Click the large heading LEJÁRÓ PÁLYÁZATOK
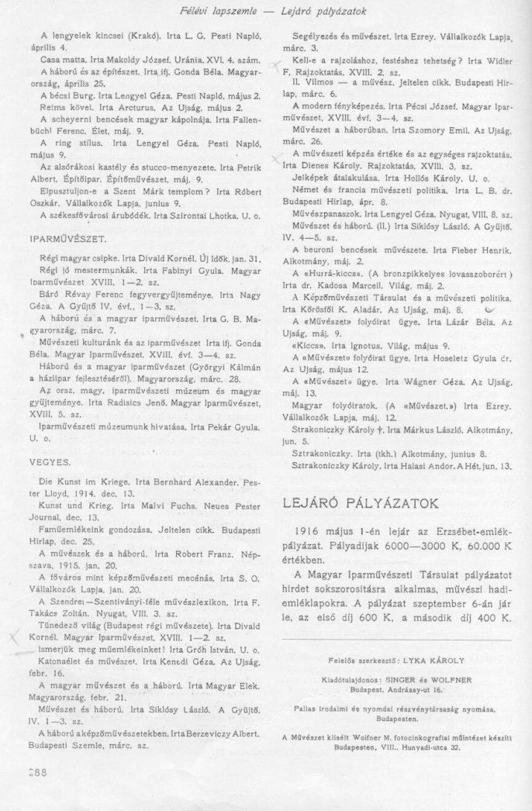pos(367,504)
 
